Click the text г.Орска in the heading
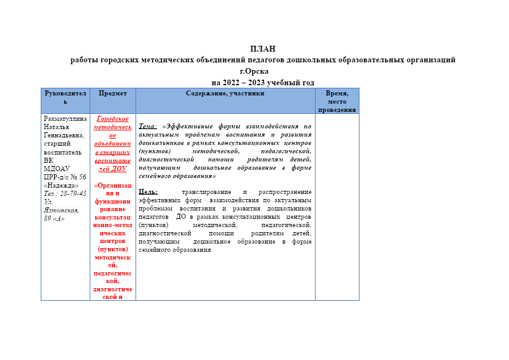[254, 71]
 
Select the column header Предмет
[113, 93]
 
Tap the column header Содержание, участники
[225, 93]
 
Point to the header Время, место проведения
[337, 101]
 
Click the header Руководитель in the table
[65, 97]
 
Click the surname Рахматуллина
[65, 119]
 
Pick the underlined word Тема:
[147, 126]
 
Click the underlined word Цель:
[148, 192]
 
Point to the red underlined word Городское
[113, 119]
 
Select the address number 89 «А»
[54, 218]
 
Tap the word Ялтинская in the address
[60, 210]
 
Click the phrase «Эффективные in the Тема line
[191, 126]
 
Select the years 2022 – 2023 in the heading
[250, 83]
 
